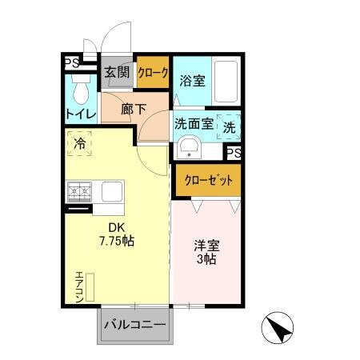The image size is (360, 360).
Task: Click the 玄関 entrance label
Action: click(x=117, y=72)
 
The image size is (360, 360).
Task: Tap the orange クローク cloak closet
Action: click(x=153, y=73)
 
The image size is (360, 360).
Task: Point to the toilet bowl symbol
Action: click(x=79, y=86)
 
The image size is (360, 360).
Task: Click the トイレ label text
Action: click(x=80, y=114)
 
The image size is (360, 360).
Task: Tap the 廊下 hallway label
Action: click(x=134, y=110)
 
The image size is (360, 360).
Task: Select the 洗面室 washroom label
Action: click(x=192, y=125)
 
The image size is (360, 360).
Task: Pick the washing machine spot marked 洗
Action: click(x=230, y=126)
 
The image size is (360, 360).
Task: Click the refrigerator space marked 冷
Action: click(x=80, y=145)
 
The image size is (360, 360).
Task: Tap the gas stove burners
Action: click(x=80, y=192)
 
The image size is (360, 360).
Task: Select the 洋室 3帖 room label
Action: click(x=206, y=253)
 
